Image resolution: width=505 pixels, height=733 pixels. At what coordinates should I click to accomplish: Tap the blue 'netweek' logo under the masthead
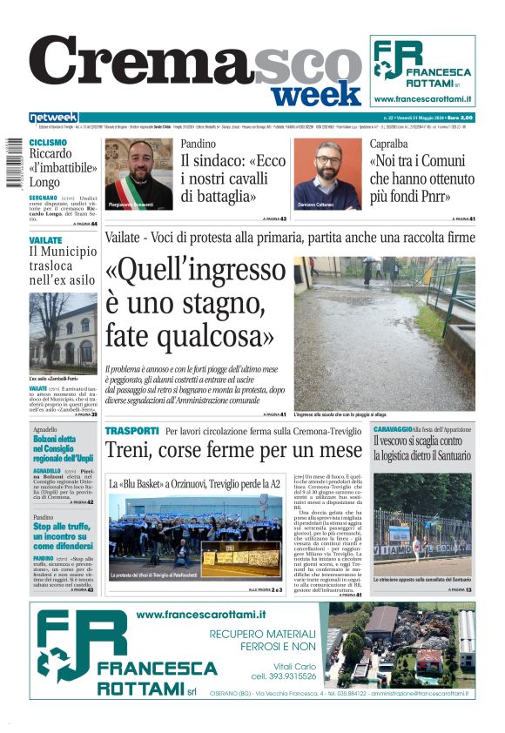point(53,118)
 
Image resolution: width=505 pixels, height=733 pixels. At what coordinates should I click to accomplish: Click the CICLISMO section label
point(48,142)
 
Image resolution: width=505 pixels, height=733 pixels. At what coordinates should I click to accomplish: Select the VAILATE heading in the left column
point(45,239)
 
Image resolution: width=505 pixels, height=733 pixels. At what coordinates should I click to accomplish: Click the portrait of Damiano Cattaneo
point(327,174)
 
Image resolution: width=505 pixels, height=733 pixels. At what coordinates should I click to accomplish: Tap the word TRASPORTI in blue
point(131,431)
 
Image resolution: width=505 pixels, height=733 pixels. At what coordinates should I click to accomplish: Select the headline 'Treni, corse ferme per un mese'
point(233,451)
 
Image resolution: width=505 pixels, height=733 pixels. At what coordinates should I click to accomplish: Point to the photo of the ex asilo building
point(62,333)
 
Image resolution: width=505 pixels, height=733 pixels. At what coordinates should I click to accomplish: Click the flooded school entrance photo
point(384,333)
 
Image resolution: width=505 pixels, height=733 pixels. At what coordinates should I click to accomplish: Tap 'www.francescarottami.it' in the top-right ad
point(422,99)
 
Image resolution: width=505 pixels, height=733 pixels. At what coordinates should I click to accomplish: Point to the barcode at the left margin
point(11,165)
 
